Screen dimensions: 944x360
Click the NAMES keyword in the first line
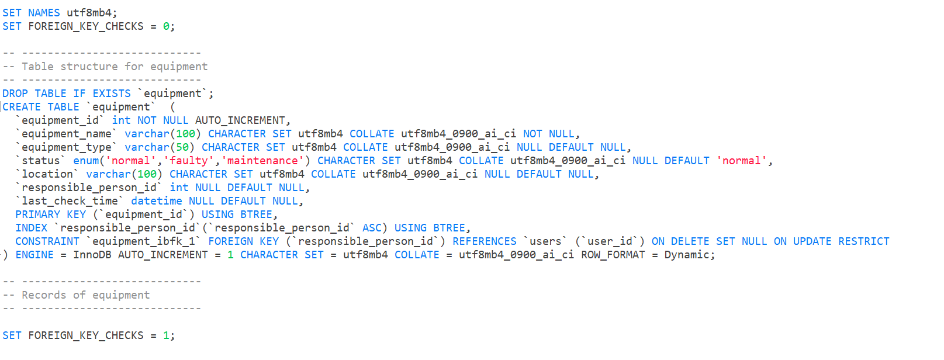[x=44, y=12]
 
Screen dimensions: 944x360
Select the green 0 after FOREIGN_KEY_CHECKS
[x=166, y=26]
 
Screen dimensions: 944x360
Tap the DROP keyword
[x=15, y=94]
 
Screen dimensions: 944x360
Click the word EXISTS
[x=112, y=94]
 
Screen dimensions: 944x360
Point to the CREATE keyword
[x=22, y=107]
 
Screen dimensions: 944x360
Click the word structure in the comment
[x=89, y=67]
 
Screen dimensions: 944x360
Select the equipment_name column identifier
[x=66, y=134]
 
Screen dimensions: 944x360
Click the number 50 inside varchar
[x=182, y=147]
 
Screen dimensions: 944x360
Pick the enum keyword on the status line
[x=86, y=161]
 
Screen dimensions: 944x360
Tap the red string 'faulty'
[x=189, y=161]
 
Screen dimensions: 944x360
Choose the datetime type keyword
[x=156, y=201]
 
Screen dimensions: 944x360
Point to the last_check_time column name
[x=70, y=201]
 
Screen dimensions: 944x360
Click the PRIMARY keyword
[x=37, y=214]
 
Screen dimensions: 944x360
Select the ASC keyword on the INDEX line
[x=372, y=228]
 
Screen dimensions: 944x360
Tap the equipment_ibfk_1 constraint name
[x=143, y=241]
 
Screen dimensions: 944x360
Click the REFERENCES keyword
[x=485, y=241]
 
